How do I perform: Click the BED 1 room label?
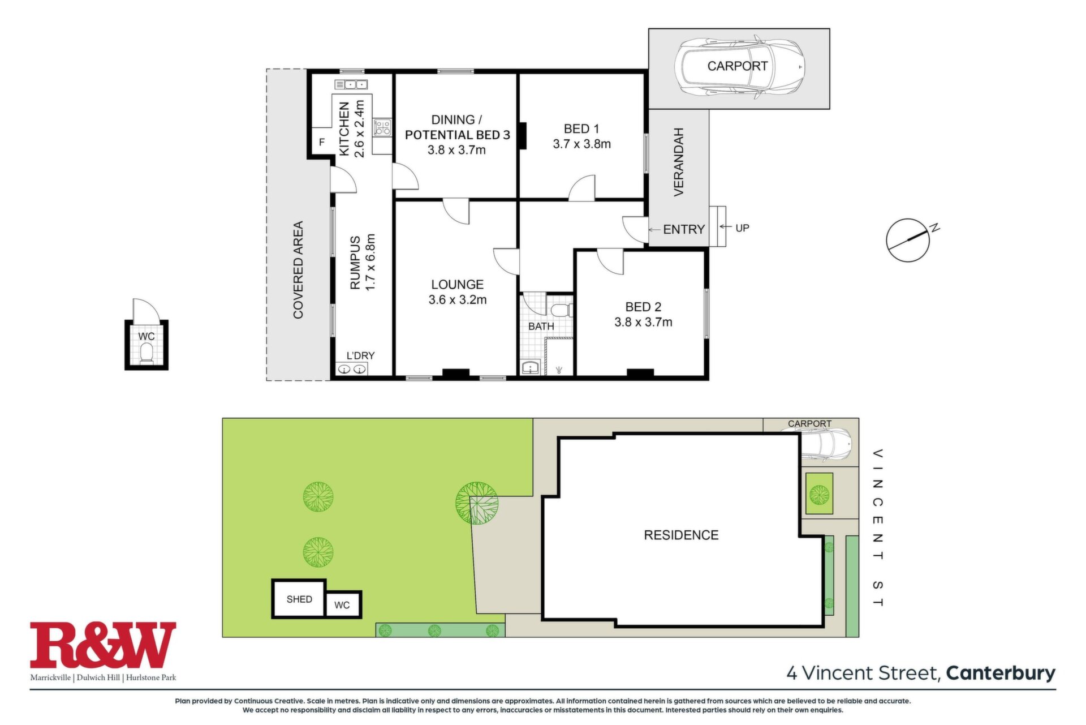tap(581, 129)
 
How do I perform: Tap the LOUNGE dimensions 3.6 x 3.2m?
tap(458, 300)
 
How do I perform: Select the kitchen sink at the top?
tap(351, 85)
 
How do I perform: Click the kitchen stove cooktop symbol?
tap(382, 127)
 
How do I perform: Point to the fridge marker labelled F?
tap(322, 142)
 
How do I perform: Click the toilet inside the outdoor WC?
tap(146, 353)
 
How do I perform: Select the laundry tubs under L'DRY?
tap(352, 370)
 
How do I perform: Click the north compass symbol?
tap(908, 240)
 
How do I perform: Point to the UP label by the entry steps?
tap(742, 228)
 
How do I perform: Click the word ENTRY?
tap(684, 229)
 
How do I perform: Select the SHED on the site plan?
tap(299, 599)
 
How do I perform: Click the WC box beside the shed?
tap(343, 604)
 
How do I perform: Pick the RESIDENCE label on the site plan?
tap(681, 535)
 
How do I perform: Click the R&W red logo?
tap(103, 645)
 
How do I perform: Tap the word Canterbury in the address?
tap(1001, 673)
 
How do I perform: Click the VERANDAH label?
tap(679, 162)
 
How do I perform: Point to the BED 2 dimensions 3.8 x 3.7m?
tap(643, 323)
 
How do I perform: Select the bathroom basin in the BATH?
tap(529, 368)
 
